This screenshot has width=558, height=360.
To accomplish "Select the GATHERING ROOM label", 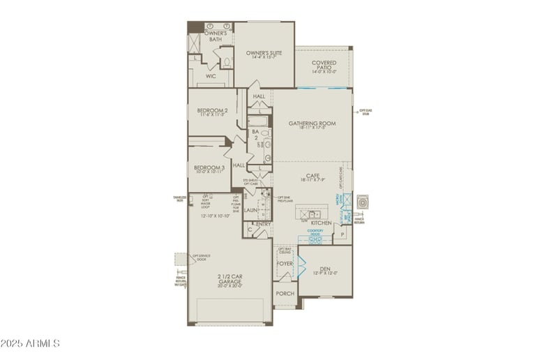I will pyautogui.click(x=312, y=123).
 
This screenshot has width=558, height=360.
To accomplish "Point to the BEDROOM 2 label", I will pyautogui.click(x=211, y=110).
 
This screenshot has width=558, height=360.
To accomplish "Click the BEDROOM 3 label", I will pyautogui.click(x=209, y=167).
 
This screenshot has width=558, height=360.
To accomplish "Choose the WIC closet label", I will pyautogui.click(x=210, y=77).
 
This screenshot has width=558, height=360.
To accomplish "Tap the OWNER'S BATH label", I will pyautogui.click(x=217, y=36).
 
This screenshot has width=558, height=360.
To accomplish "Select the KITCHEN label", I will pyautogui.click(x=311, y=223).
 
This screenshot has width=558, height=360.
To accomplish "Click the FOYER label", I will pyautogui.click(x=284, y=264).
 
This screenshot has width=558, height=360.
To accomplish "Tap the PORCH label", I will pyautogui.click(x=284, y=294).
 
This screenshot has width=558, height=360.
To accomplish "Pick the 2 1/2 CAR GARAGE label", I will pyautogui.click(x=229, y=279).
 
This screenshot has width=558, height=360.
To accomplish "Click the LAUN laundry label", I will pyautogui.click(x=250, y=209).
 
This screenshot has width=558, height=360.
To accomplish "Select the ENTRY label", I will pyautogui.click(x=263, y=223).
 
